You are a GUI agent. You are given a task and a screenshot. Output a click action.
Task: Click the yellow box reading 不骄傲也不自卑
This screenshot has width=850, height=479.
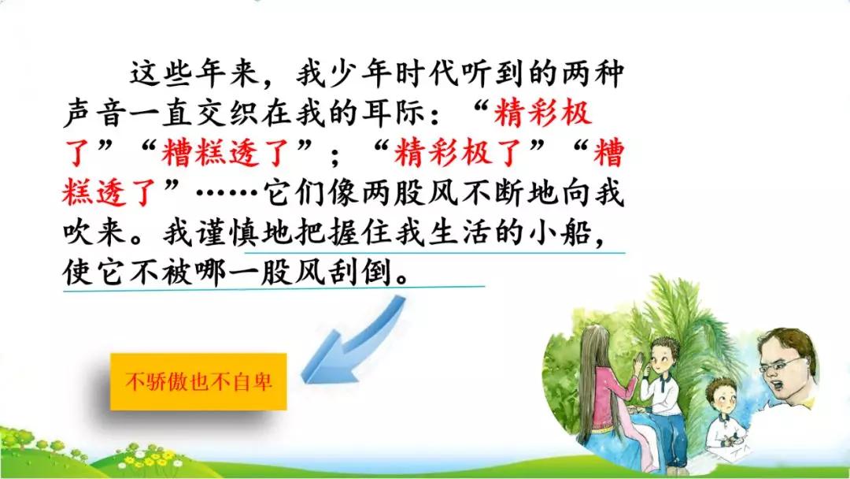coord(198,382)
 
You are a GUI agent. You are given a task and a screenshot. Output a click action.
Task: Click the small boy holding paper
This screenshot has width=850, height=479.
coord(726,418)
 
